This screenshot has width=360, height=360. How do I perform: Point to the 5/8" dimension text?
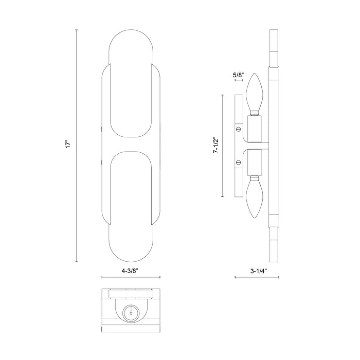238,75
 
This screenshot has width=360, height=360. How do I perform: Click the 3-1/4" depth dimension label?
257,268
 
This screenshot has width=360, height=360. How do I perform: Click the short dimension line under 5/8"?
238,81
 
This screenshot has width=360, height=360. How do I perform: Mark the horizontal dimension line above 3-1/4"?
257,277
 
